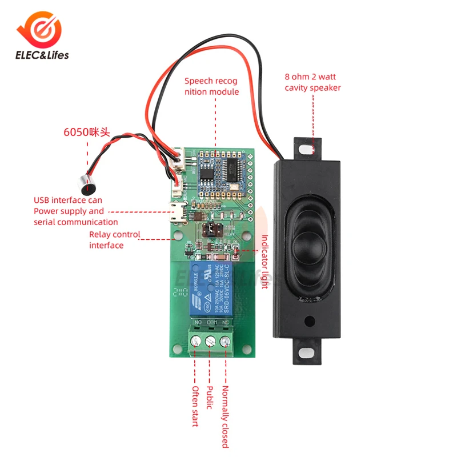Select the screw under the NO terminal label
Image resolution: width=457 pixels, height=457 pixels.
click(195, 342)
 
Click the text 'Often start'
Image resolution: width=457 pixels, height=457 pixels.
click(195, 406)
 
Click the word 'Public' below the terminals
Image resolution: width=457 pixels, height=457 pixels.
click(210, 398)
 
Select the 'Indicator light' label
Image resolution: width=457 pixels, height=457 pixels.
click(264, 261)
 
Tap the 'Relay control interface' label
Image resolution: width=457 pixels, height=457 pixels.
click(114, 239)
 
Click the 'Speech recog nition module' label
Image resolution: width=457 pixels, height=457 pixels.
click(211, 86)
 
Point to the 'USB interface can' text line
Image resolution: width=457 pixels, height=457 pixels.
click(67, 200)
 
